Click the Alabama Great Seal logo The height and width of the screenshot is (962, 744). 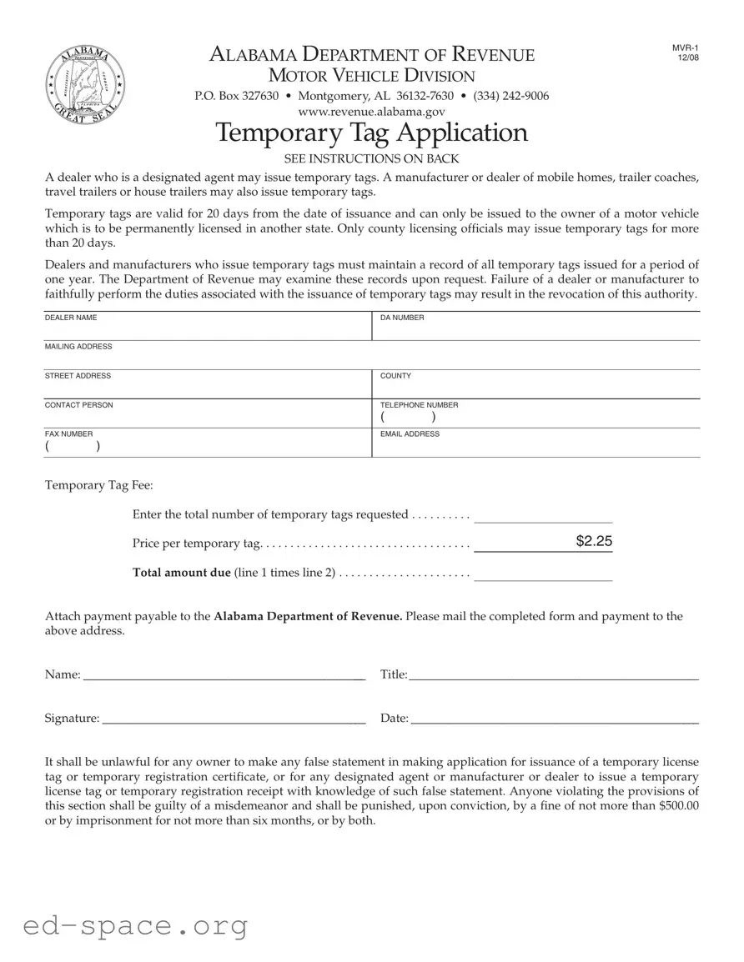(x=82, y=83)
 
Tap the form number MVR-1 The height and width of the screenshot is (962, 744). (x=685, y=48)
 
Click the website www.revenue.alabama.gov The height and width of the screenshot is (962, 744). (x=371, y=111)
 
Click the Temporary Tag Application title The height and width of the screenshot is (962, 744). (x=371, y=133)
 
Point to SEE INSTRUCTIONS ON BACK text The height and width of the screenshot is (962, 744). (x=371, y=158)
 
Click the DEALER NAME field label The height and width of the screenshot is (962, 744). (x=71, y=318)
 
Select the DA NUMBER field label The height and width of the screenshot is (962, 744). (x=402, y=318)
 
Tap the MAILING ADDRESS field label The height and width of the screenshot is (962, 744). (x=78, y=347)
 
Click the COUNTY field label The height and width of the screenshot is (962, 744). (x=395, y=376)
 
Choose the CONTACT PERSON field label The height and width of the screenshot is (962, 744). (x=78, y=405)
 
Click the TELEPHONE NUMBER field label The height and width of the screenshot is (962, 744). (x=419, y=405)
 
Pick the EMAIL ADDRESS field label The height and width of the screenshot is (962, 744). (x=410, y=434)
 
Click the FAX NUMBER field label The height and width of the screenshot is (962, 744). (x=68, y=434)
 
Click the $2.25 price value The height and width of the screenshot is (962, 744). (x=594, y=542)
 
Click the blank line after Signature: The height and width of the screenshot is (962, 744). (x=234, y=719)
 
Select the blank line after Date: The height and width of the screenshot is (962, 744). (x=555, y=719)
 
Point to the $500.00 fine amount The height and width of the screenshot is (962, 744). (x=678, y=805)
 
